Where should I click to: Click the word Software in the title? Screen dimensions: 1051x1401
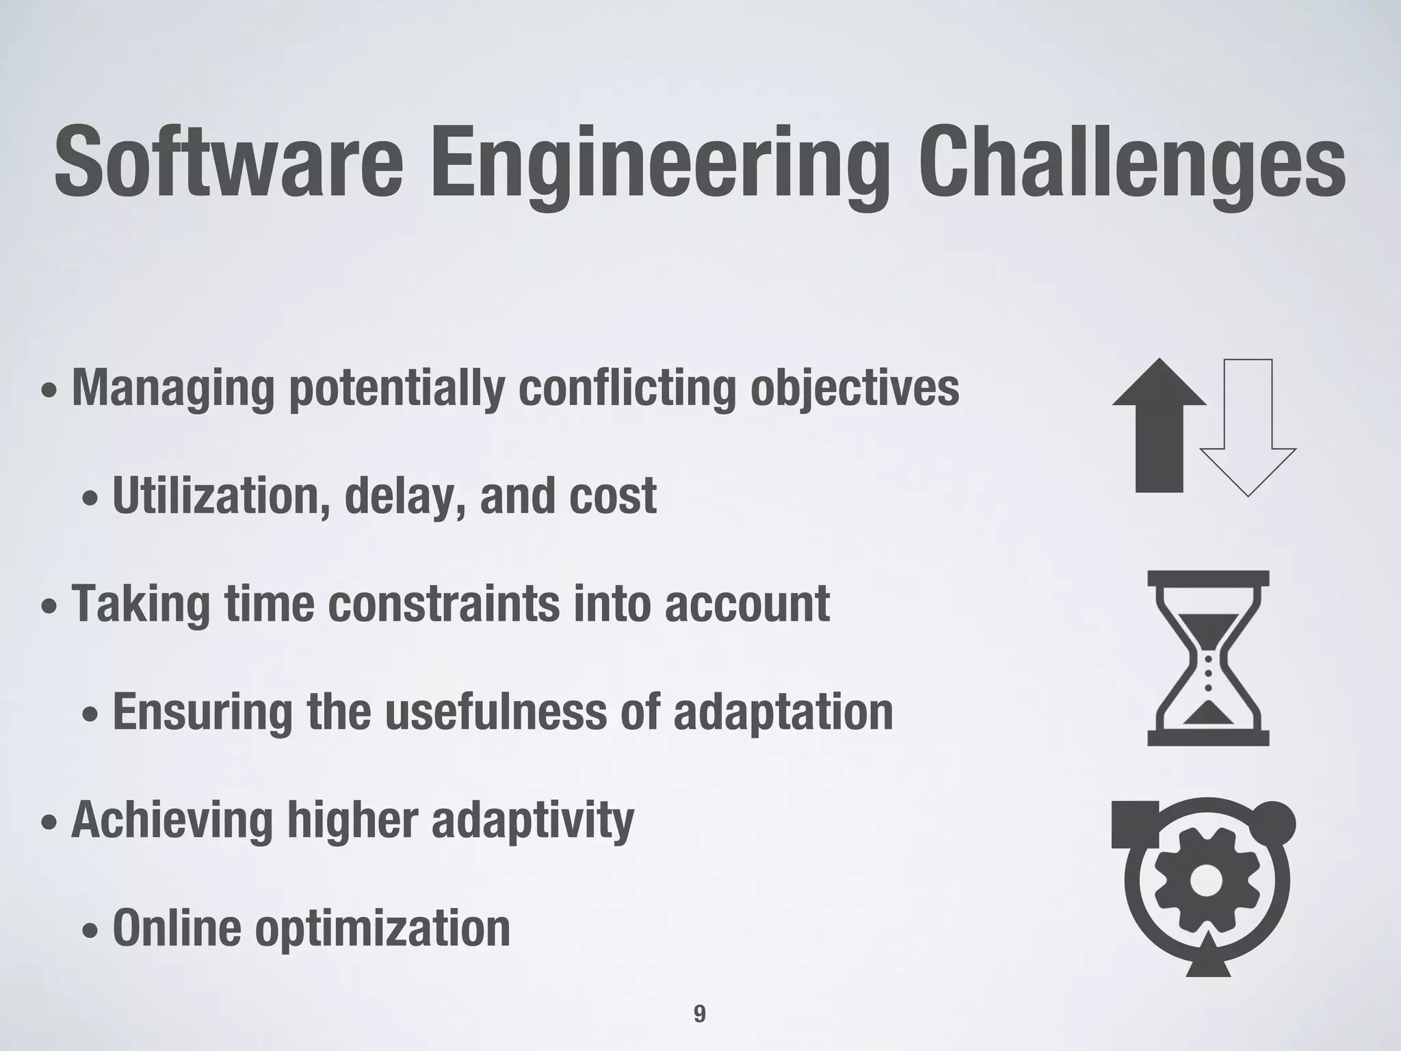[228, 164]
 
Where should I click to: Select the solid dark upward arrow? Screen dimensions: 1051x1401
[1159, 426]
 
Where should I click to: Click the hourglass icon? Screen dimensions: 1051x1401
[1208, 658]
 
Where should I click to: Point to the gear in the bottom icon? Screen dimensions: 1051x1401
[1206, 881]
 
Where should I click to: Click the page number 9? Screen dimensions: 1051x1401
[699, 1013]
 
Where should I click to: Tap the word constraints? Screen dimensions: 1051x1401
[443, 604]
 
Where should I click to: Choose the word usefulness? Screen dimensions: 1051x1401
[495, 712]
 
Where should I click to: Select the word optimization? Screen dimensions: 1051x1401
[382, 929]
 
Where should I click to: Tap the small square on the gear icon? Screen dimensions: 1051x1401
[1135, 824]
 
